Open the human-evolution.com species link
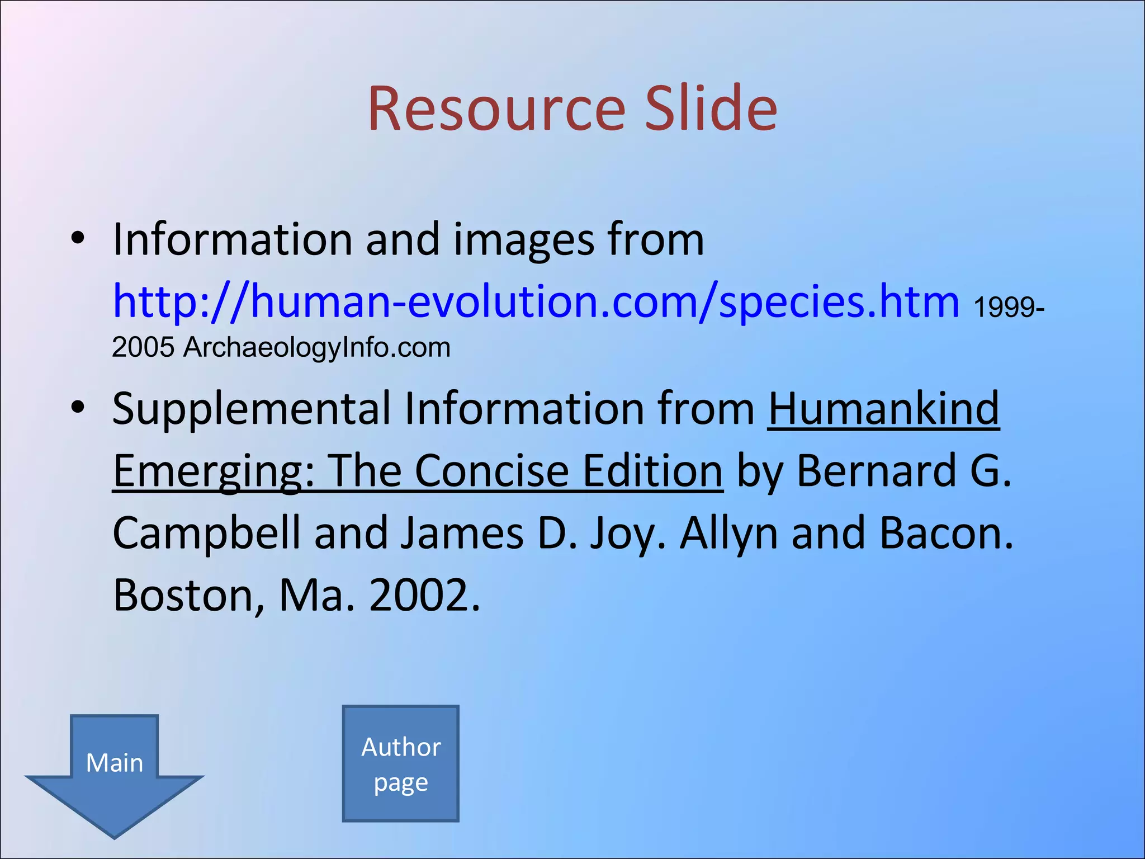(536, 302)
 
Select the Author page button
(401, 764)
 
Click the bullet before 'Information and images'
(78, 239)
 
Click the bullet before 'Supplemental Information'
(78, 408)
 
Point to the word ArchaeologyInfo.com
(316, 347)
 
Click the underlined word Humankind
(883, 409)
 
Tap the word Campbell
(206, 534)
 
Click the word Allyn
(728, 534)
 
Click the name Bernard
(876, 471)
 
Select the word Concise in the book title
(491, 471)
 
